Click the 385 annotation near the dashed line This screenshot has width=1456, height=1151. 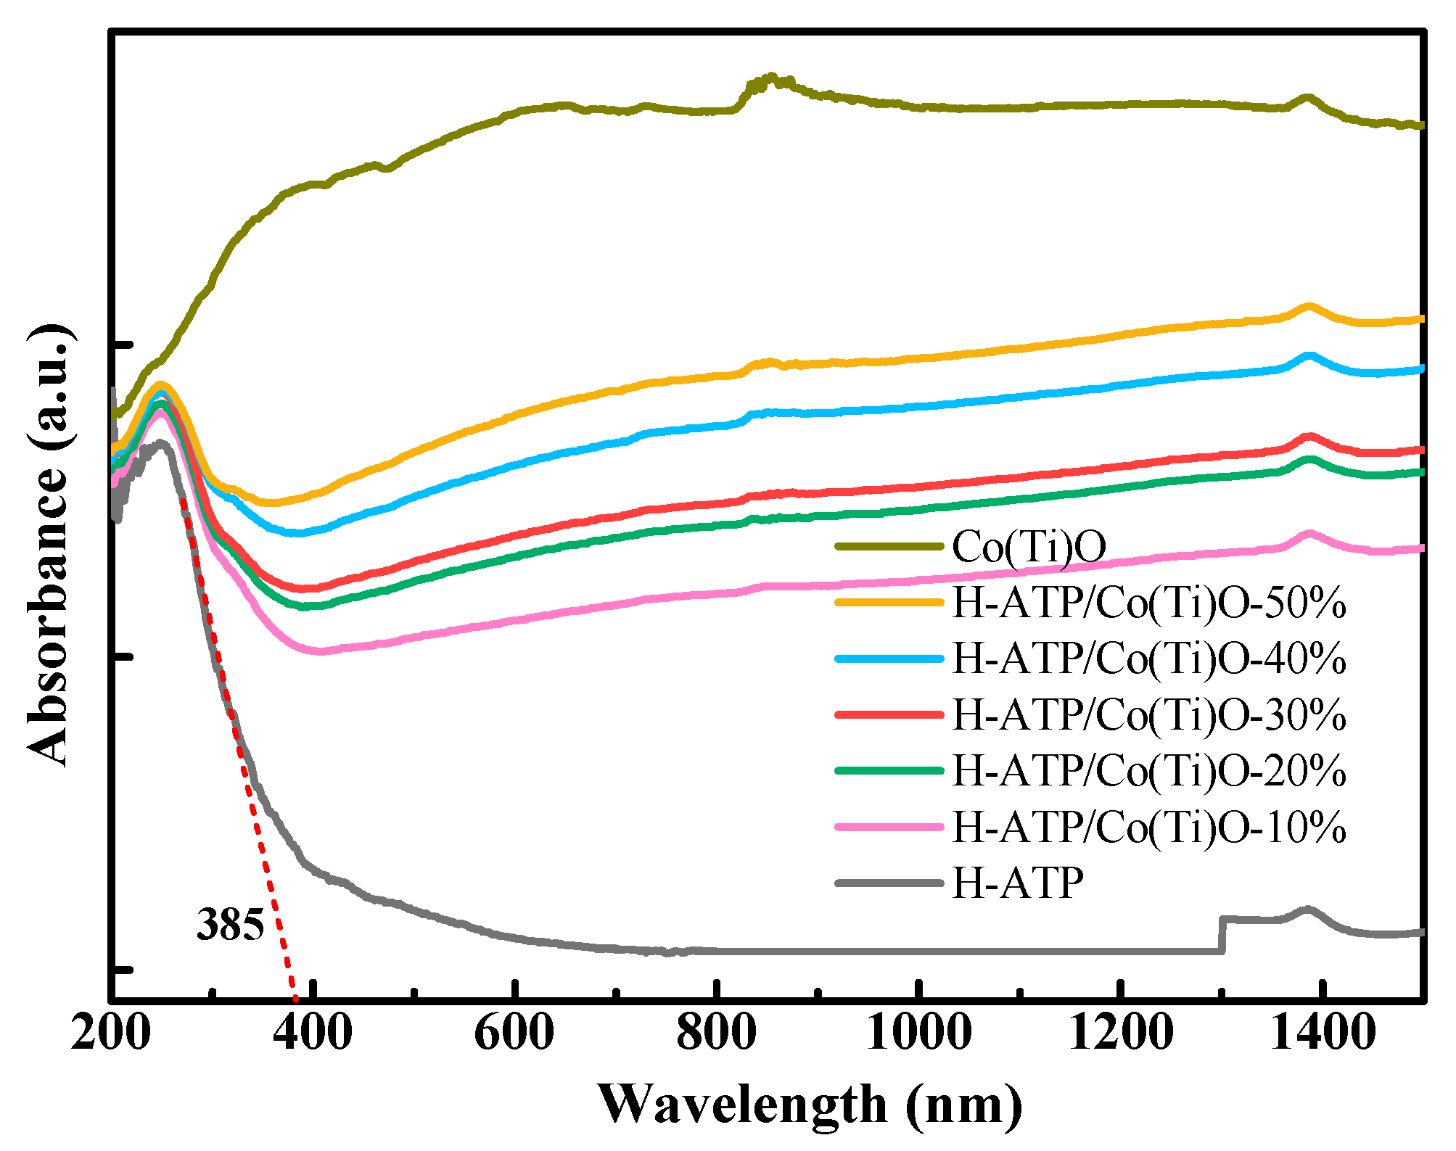coord(230,925)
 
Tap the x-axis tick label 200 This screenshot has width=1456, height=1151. coord(111,1032)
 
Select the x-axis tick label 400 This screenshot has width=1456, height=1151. coord(313,1032)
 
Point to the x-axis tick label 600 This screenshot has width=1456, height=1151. coord(514,1032)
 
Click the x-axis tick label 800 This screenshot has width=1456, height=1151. coord(716,1032)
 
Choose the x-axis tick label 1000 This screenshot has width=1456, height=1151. coord(918,1032)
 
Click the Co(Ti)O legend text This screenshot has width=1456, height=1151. coord(1029,546)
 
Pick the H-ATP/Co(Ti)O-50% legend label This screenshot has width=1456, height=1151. coord(1149,603)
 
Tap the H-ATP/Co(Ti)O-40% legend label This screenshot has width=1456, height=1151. coord(1149,659)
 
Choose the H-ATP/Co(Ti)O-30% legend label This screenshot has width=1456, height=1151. coord(1149,714)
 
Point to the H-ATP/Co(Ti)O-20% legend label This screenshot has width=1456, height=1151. coord(1149,770)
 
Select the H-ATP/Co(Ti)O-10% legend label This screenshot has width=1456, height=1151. coord(1149,826)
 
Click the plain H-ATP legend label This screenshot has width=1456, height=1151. coord(1017,883)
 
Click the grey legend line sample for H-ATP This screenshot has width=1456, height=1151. coord(889,883)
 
